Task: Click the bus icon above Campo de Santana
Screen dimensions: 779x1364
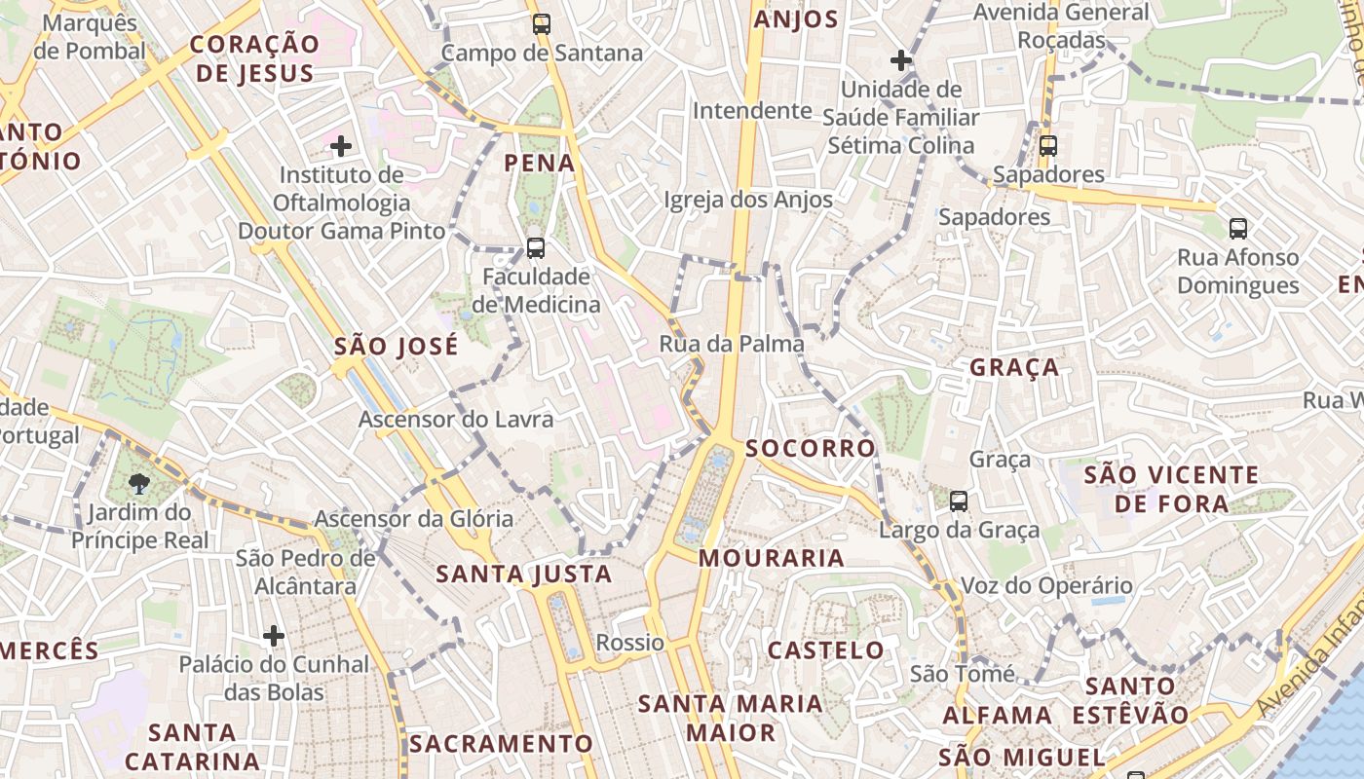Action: tap(542, 24)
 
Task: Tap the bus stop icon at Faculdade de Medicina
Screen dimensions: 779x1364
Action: tap(536, 247)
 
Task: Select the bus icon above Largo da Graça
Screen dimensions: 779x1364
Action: tap(959, 501)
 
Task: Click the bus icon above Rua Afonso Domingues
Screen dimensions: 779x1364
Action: tap(1237, 229)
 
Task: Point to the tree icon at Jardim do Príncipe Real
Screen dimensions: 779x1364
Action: tap(139, 483)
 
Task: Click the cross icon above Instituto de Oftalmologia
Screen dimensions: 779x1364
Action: tap(341, 147)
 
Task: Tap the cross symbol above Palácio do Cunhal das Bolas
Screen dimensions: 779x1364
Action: tap(274, 636)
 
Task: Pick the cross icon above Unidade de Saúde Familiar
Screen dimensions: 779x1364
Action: tap(901, 60)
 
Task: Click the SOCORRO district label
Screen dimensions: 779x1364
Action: tap(811, 449)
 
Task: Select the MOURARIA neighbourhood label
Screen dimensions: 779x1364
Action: tap(772, 558)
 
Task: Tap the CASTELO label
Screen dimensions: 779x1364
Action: tap(826, 650)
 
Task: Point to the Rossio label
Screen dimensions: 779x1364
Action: tap(629, 643)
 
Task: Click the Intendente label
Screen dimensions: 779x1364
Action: tap(751, 111)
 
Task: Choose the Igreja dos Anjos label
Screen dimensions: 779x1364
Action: tap(748, 200)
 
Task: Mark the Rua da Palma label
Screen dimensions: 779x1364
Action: tap(732, 344)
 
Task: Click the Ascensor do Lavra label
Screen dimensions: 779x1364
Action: tap(456, 420)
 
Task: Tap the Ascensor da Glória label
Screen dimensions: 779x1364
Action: tap(413, 519)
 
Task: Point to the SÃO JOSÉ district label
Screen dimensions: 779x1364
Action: tap(396, 347)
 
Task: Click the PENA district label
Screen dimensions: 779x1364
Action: tap(540, 164)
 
